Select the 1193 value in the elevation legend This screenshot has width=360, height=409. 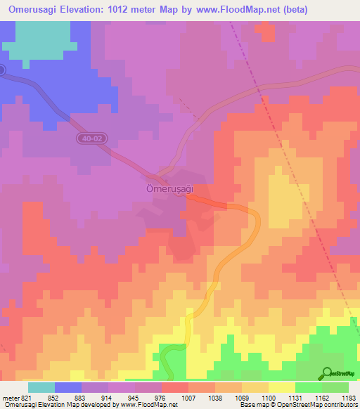coord(348,398)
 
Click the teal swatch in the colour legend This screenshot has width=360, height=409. coord(41,387)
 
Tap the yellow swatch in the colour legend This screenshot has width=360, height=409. coord(281,387)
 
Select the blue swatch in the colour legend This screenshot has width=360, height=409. coord(68,387)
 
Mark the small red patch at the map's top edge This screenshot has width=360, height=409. coord(266,30)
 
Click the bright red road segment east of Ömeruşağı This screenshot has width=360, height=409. coord(208,202)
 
